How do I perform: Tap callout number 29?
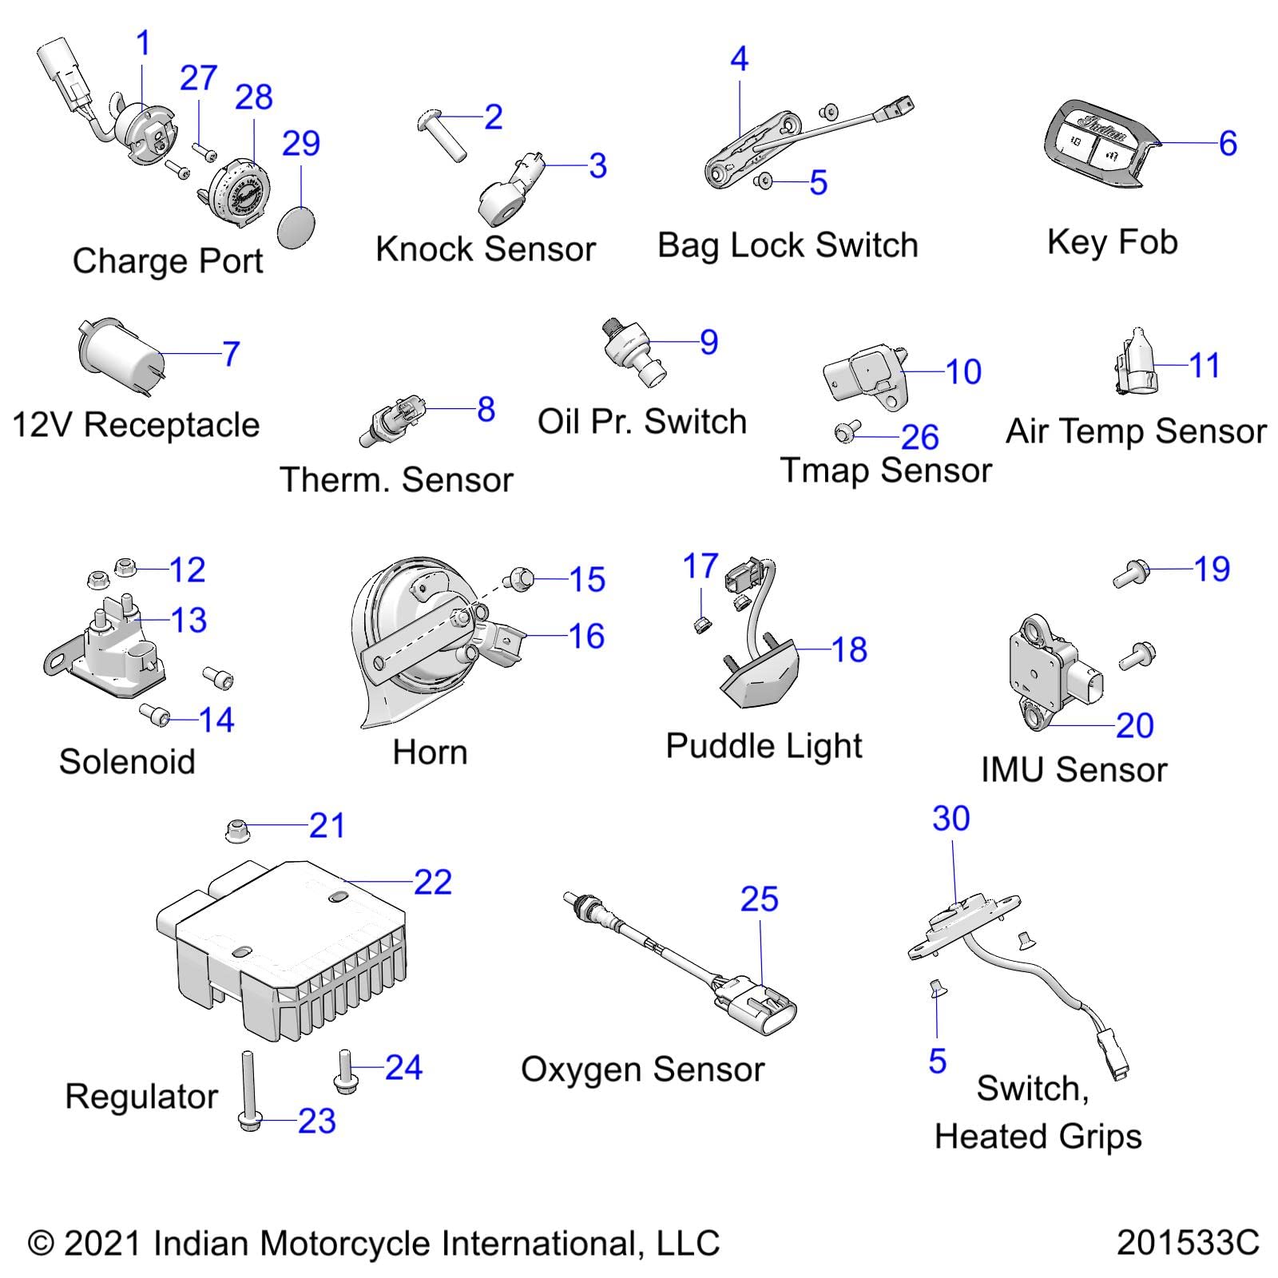click(300, 144)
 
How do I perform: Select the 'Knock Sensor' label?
click(486, 249)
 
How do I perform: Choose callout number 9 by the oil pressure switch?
click(708, 342)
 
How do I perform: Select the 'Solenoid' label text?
click(127, 761)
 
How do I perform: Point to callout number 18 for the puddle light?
click(849, 649)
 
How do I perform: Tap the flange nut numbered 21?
click(237, 830)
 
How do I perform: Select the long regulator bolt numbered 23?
click(247, 1089)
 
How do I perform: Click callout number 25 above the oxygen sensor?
click(759, 899)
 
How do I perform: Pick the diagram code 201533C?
click(1188, 1243)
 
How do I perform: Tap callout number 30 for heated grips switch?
click(951, 819)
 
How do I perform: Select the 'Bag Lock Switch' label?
click(788, 245)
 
